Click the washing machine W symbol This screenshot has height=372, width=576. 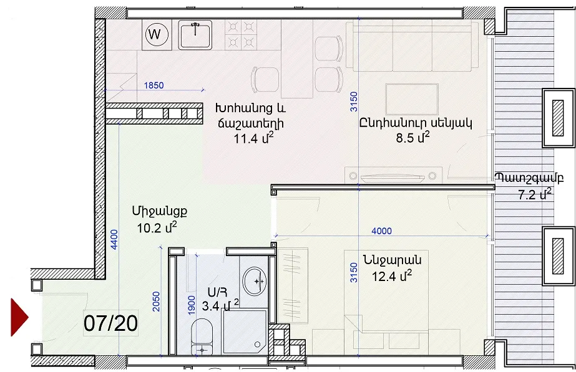(x=157, y=34)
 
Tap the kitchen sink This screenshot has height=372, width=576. (x=195, y=34)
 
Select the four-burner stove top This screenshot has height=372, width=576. (x=241, y=34)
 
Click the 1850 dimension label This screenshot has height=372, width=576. (x=154, y=85)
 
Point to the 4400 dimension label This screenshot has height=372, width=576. (x=114, y=239)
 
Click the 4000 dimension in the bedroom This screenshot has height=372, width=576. (x=382, y=231)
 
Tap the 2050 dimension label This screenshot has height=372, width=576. (x=157, y=302)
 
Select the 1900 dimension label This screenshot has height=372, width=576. (x=192, y=305)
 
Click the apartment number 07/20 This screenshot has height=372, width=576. (x=110, y=323)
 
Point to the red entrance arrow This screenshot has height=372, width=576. (x=19, y=317)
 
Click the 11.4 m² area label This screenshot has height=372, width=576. (x=254, y=138)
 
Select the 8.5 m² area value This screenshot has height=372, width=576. (x=412, y=137)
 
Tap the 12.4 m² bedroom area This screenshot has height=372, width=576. (x=391, y=275)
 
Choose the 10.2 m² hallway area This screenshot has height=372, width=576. (x=157, y=227)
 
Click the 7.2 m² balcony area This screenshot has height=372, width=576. (x=535, y=194)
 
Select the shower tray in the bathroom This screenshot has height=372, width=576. (x=245, y=331)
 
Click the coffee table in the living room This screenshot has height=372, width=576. (x=412, y=100)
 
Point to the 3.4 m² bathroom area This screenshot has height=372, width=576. (x=220, y=305)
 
